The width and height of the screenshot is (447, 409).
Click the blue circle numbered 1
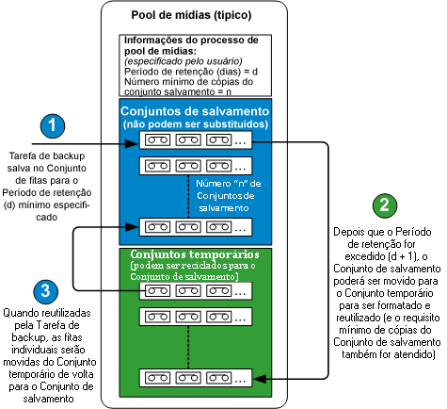pyautogui.click(x=55, y=126)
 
